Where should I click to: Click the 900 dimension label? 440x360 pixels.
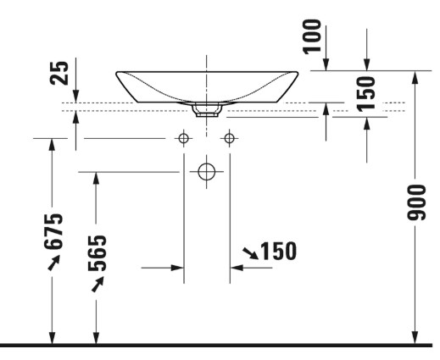click(x=416, y=202)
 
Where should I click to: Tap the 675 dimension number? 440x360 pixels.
click(x=53, y=231)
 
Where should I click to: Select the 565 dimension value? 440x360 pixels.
click(x=97, y=253)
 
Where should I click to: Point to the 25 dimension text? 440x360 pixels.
click(x=59, y=73)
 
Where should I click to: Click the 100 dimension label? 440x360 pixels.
click(x=312, y=36)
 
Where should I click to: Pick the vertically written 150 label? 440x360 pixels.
click(x=366, y=93)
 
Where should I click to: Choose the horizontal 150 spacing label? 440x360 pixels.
click(x=279, y=251)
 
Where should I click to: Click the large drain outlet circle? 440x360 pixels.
click(x=207, y=172)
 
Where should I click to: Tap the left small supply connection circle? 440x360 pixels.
click(x=184, y=138)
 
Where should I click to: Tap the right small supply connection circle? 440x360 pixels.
click(x=229, y=138)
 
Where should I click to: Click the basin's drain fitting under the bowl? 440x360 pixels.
click(x=207, y=110)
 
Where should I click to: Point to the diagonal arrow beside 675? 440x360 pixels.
click(x=54, y=263)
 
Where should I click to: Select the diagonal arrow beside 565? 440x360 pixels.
click(x=97, y=284)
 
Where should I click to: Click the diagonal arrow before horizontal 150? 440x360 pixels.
click(x=250, y=253)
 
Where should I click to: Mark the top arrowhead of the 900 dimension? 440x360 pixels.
click(x=415, y=77)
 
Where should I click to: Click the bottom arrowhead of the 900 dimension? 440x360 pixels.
click(x=415, y=338)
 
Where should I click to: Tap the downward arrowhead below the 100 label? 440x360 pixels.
click(x=326, y=64)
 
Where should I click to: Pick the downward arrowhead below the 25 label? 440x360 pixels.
click(x=75, y=96)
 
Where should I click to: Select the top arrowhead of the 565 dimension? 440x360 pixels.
click(x=96, y=178)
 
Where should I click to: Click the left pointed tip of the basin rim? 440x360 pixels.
click(x=116, y=74)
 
